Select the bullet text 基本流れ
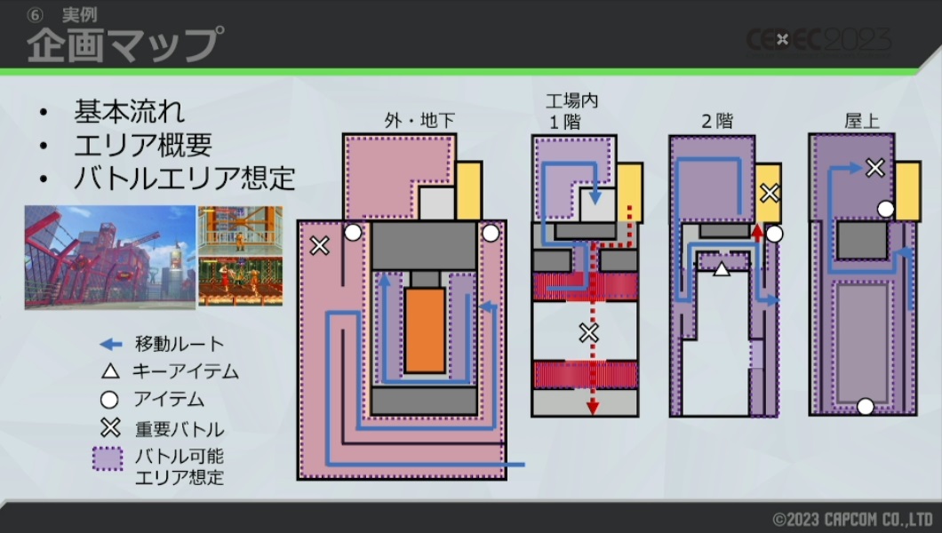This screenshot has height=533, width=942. click(130, 113)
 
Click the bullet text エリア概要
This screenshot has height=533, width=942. click(143, 145)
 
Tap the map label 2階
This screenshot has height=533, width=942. click(717, 122)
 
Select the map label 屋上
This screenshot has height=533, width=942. click(862, 122)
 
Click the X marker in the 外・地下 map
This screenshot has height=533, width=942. click(318, 246)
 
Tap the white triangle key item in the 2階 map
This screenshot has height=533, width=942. click(722, 267)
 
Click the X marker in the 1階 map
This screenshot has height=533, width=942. click(588, 333)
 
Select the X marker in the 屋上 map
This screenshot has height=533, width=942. click(875, 167)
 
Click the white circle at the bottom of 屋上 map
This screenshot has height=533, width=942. click(865, 407)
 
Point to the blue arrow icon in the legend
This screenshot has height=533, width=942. click(109, 344)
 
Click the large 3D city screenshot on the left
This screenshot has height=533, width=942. click(109, 257)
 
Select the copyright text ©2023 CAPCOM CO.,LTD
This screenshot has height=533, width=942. click(850, 518)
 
